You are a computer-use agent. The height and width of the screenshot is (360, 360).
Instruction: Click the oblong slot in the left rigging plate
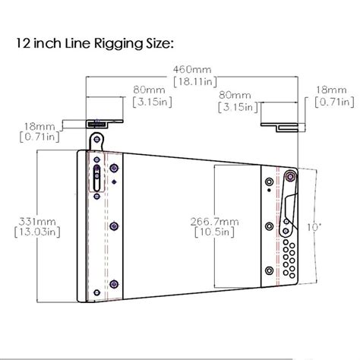click(x=96, y=181)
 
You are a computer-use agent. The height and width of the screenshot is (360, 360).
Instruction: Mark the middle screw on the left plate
click(x=113, y=225)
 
